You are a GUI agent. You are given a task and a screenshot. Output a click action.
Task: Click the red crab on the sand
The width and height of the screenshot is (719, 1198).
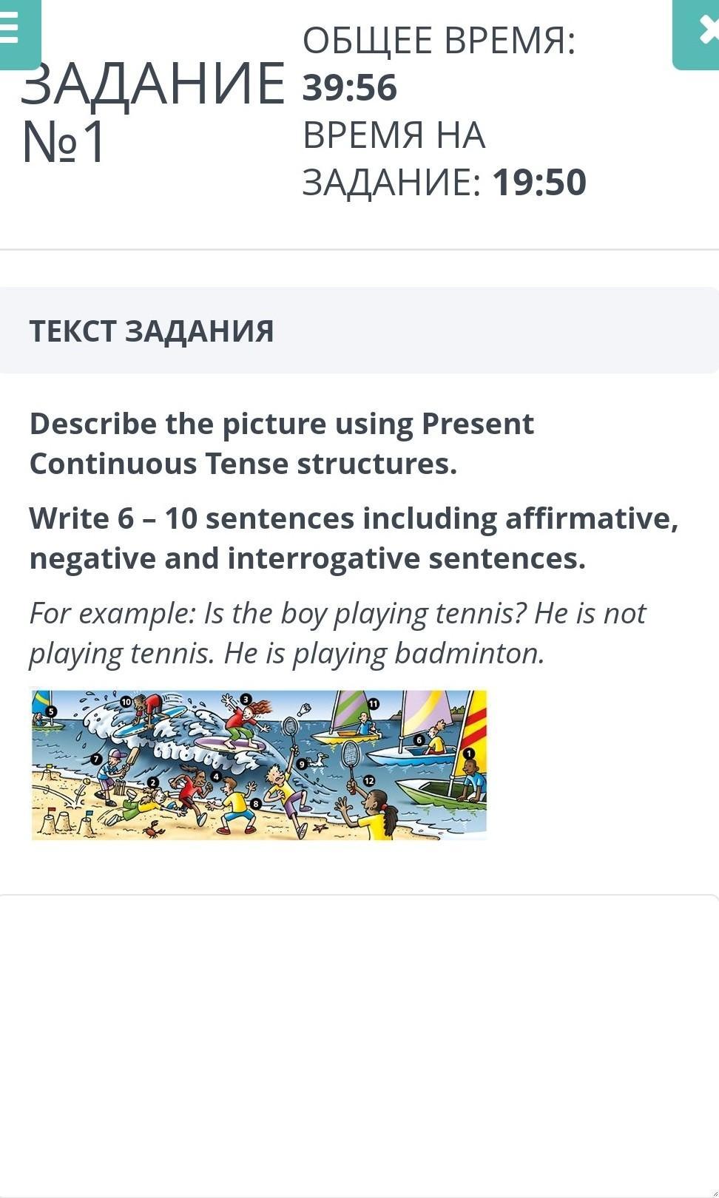(x=154, y=830)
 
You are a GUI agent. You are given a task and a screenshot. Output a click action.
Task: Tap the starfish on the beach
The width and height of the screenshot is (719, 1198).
(x=320, y=828)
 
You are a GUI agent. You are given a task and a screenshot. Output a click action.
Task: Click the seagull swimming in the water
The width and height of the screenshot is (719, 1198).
(x=318, y=760)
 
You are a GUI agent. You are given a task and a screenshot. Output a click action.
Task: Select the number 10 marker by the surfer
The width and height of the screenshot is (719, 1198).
(x=126, y=701)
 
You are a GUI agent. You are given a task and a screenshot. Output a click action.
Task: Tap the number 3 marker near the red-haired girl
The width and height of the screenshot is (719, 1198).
(x=245, y=699)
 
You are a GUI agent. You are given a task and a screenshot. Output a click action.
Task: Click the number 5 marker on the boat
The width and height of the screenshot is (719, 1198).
(x=51, y=711)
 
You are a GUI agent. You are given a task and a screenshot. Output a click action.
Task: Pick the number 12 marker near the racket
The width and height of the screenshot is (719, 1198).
(x=369, y=780)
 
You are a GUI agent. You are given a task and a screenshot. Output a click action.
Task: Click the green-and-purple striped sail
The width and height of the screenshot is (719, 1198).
(x=348, y=710)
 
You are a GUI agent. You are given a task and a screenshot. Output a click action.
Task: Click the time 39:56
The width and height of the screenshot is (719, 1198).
(x=350, y=88)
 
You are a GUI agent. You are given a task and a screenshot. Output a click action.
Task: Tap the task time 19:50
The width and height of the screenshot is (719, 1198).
(x=539, y=183)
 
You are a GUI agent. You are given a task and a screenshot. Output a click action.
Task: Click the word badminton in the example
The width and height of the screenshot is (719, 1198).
(x=469, y=654)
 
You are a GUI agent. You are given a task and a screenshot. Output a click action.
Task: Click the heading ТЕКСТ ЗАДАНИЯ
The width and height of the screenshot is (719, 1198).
(x=152, y=331)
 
